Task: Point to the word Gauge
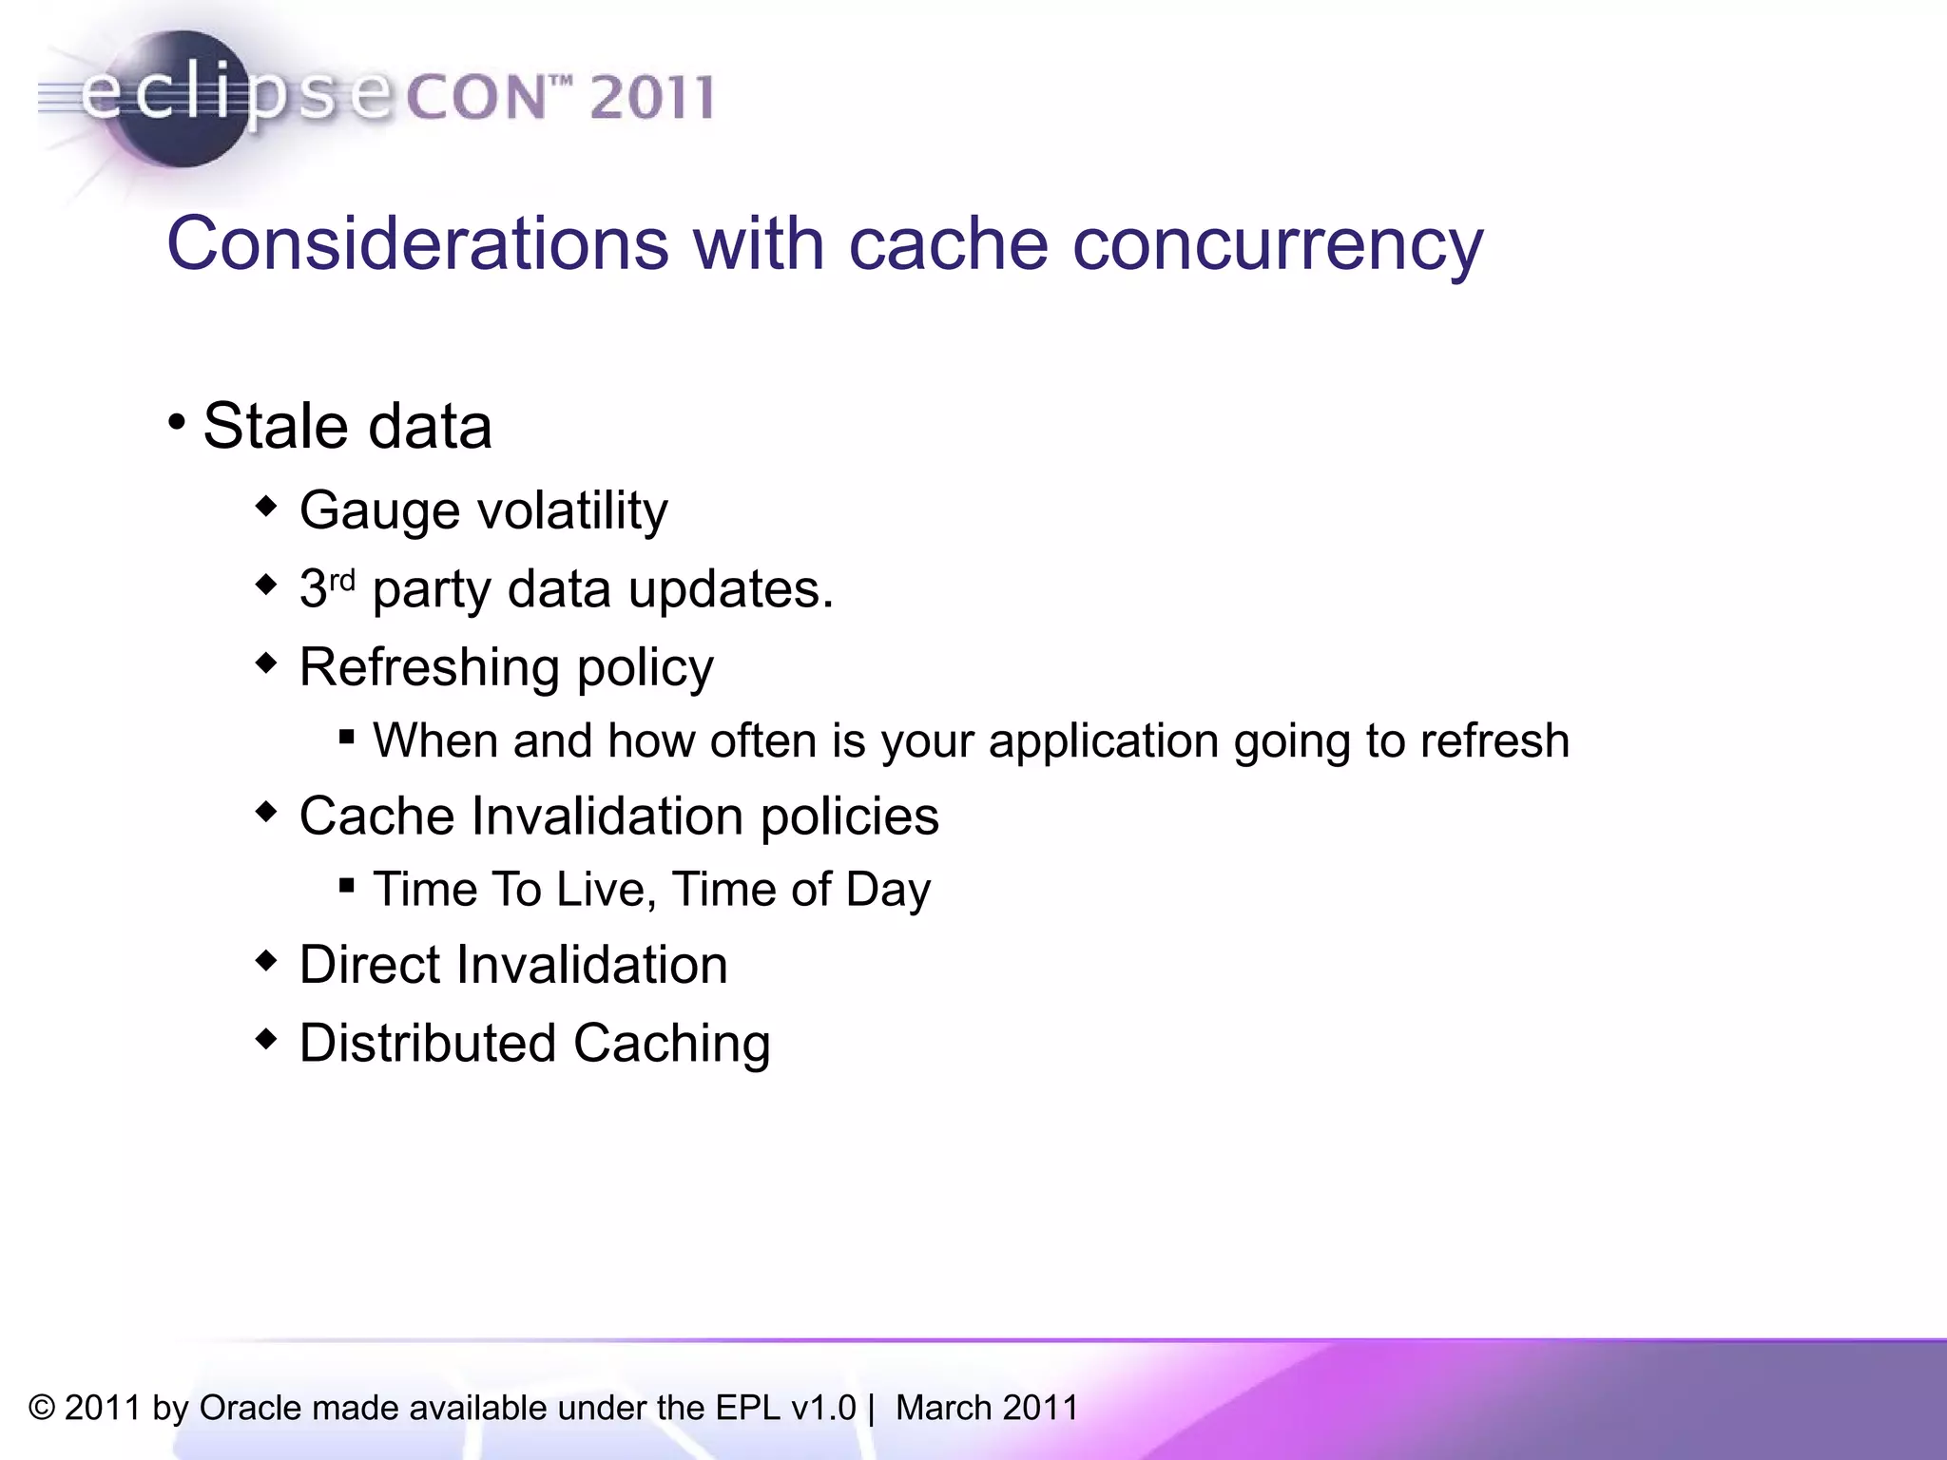pos(379,511)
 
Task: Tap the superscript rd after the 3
pos(342,579)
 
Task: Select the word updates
pos(730,590)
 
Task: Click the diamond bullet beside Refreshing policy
pos(266,662)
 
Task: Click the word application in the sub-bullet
pos(1103,741)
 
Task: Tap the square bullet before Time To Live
pos(347,886)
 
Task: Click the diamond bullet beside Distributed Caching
pos(266,1038)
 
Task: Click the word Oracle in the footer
pos(250,1408)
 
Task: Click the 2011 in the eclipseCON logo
pos(650,98)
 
